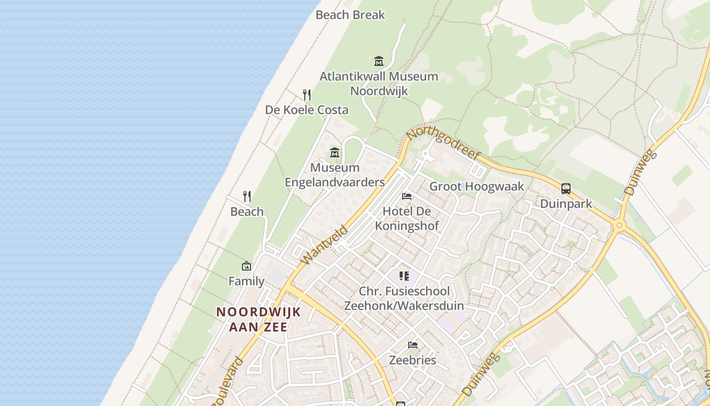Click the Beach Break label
point(350,15)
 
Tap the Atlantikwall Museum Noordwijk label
point(379,83)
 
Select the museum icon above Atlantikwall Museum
point(379,61)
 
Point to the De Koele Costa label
point(307,110)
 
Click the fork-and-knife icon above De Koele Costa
point(307,94)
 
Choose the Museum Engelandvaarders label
point(335,175)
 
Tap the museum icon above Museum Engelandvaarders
point(335,152)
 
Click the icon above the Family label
point(246,265)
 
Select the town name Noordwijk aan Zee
point(259,319)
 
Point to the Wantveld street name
point(324,245)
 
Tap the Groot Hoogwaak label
point(477,186)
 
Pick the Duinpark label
point(566,204)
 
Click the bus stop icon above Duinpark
point(566,189)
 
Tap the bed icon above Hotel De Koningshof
point(407,196)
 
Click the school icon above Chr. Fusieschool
point(404,276)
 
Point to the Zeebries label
point(412,360)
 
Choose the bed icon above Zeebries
point(413,345)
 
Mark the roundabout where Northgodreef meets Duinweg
point(618,225)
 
